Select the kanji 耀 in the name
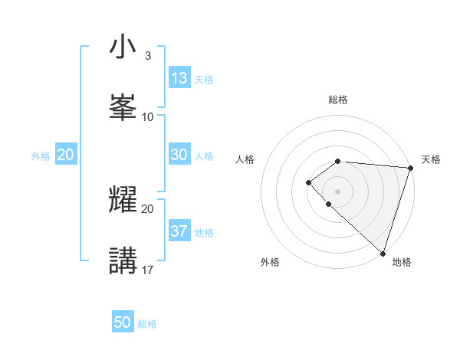pyautogui.click(x=123, y=200)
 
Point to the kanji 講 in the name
pyautogui.click(x=123, y=260)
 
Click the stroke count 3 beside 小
pyautogui.click(x=147, y=56)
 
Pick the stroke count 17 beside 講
pyautogui.click(x=148, y=270)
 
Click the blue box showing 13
pyautogui.click(x=179, y=78)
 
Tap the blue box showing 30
pyautogui.click(x=179, y=155)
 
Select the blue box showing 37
pyautogui.click(x=179, y=231)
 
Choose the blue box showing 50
pyautogui.click(x=123, y=322)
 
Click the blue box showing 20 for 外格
pyautogui.click(x=65, y=155)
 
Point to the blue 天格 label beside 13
pyautogui.click(x=204, y=80)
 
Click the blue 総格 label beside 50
pyautogui.click(x=147, y=324)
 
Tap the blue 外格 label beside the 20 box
pyautogui.click(x=41, y=156)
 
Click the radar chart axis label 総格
pyautogui.click(x=338, y=100)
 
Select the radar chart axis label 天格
pyautogui.click(x=432, y=159)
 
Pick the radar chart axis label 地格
pyautogui.click(x=402, y=262)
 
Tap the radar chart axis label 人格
pyautogui.click(x=245, y=159)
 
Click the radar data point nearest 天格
pyautogui.click(x=410, y=168)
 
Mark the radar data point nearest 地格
pyautogui.click(x=383, y=253)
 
